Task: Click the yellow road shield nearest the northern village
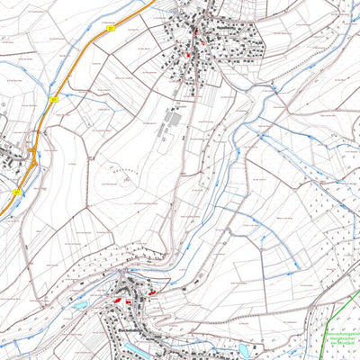111,29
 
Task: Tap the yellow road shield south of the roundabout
17,192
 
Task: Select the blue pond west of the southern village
79,305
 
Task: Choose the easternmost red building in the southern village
152,292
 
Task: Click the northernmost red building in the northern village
194,31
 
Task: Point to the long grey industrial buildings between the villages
171,121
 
